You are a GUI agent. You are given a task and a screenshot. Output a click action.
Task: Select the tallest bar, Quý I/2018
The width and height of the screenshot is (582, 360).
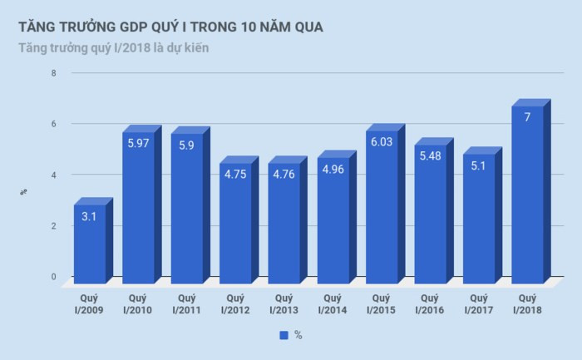tap(527, 200)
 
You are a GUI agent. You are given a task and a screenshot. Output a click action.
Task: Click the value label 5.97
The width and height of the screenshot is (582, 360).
tap(138, 144)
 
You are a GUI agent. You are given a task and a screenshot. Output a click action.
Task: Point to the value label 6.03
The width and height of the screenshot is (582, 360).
tap(381, 142)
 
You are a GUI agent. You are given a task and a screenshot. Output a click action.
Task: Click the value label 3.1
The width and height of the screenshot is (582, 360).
tap(89, 216)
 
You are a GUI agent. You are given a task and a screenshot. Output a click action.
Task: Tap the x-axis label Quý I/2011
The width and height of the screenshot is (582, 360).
tap(186, 303)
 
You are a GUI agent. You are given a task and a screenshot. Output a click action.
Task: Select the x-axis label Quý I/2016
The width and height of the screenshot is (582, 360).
tap(430, 303)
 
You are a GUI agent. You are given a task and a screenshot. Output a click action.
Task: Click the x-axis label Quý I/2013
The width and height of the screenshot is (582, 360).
tap(284, 303)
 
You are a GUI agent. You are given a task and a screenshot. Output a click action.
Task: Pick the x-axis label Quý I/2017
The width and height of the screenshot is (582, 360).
tap(478, 303)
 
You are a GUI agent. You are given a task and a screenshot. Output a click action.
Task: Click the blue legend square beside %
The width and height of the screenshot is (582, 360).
tap(284, 335)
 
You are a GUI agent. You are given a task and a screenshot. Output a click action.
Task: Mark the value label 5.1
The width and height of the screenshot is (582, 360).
tap(478, 166)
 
